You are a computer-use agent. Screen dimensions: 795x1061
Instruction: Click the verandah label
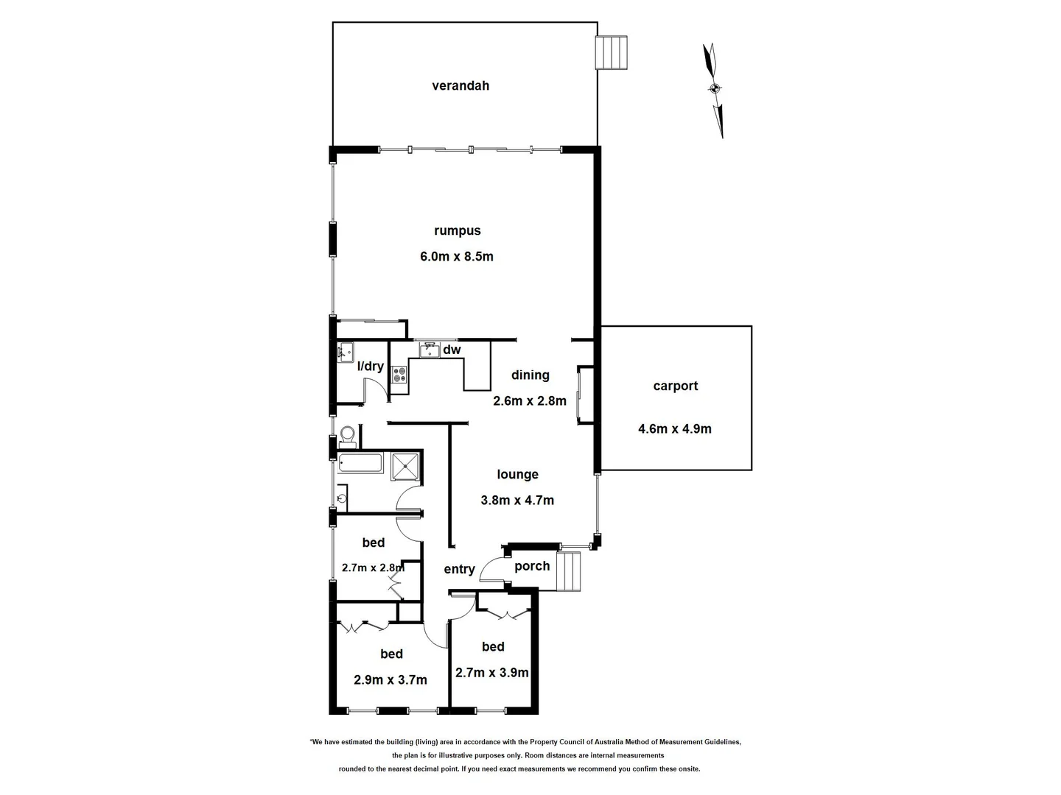click(460, 85)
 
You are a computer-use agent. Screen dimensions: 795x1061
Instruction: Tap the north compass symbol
click(714, 89)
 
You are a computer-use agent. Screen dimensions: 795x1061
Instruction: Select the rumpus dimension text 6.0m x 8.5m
click(456, 257)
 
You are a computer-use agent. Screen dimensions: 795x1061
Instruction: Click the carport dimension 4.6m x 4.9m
click(674, 428)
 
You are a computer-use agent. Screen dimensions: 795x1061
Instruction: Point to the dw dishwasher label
click(452, 350)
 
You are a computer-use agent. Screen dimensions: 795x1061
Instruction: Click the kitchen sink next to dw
click(429, 350)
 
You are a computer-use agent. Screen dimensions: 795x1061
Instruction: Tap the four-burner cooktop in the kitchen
click(399, 375)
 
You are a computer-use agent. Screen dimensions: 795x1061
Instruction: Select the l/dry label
click(370, 366)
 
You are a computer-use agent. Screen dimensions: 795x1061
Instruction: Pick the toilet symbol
click(348, 437)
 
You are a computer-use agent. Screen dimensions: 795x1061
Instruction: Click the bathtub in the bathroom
click(360, 464)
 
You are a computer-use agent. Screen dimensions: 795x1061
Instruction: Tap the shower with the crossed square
click(405, 465)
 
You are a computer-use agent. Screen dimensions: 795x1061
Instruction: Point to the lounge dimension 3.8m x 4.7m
click(517, 501)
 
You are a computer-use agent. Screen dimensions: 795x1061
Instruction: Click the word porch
click(532, 566)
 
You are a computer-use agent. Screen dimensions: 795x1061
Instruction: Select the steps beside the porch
click(569, 570)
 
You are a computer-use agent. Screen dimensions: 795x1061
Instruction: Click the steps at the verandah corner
click(612, 52)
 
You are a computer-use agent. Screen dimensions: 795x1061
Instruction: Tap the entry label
click(459, 569)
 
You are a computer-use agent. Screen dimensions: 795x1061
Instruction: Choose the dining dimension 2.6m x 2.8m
click(530, 401)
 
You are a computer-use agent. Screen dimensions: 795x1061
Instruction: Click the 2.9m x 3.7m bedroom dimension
click(391, 680)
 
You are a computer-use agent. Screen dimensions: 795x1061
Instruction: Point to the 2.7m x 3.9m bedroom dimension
click(492, 673)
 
